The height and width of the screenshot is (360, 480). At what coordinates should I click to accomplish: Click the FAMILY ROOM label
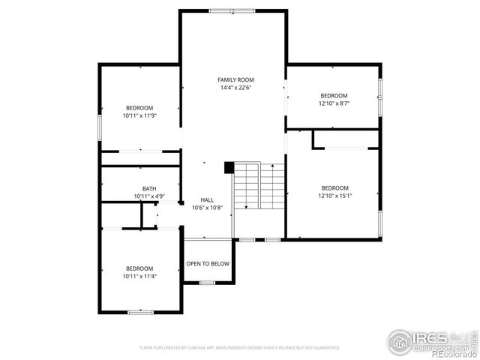tap(235, 79)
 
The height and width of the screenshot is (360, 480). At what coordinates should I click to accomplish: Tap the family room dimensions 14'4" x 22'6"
tap(235, 88)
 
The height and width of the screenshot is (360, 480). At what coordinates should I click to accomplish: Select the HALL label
tap(206, 199)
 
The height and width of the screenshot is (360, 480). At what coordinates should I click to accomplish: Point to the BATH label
tap(149, 188)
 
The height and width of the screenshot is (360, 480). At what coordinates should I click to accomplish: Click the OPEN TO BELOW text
tap(208, 264)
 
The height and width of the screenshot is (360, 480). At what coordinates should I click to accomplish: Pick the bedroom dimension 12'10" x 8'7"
tap(334, 103)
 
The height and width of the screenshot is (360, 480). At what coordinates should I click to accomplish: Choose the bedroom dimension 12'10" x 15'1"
tap(334, 196)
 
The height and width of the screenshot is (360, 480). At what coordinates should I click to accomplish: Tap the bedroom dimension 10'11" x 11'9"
tap(139, 115)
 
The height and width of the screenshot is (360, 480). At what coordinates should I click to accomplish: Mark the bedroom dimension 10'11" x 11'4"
tap(139, 276)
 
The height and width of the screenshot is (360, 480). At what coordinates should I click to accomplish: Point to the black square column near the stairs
tap(229, 168)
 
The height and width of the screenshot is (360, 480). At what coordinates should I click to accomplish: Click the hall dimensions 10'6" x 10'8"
tap(206, 208)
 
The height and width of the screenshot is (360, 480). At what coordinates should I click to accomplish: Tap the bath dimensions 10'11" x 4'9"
tap(149, 196)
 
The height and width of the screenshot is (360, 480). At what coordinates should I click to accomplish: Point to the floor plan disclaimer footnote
tap(240, 348)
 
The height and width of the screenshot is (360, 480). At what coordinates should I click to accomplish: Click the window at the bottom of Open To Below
tap(208, 283)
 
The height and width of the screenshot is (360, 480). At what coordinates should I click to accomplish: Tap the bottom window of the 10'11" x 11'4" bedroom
tap(140, 311)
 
